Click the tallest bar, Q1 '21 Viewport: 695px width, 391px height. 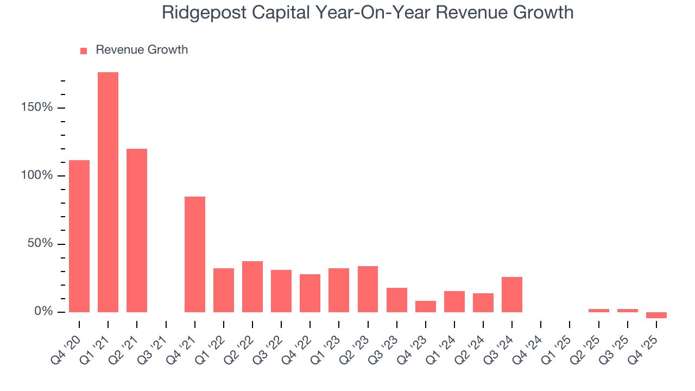pyautogui.click(x=108, y=192)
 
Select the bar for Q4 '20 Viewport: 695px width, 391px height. pyautogui.click(x=79, y=236)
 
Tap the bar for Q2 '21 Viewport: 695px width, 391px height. pyautogui.click(x=137, y=230)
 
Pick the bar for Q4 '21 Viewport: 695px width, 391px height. pyautogui.click(x=195, y=254)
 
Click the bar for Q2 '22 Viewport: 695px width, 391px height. pyautogui.click(x=252, y=287)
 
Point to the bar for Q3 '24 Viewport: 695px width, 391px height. pyautogui.click(x=512, y=294)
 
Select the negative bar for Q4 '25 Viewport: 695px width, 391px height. pyautogui.click(x=656, y=315)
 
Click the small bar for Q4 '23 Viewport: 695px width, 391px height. pyautogui.click(x=426, y=306)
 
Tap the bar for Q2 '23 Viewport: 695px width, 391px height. pyautogui.click(x=368, y=289)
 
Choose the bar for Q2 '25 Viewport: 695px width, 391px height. pyautogui.click(x=598, y=311)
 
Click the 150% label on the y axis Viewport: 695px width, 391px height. pyautogui.click(x=37, y=108)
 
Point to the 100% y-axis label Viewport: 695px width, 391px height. pyautogui.click(x=37, y=175)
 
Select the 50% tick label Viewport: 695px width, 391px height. pyautogui.click(x=40, y=244)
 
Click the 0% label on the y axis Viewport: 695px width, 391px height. pyautogui.click(x=43, y=312)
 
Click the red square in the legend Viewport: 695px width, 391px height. pyautogui.click(x=84, y=51)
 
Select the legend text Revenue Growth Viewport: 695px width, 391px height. pyautogui.click(x=142, y=50)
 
